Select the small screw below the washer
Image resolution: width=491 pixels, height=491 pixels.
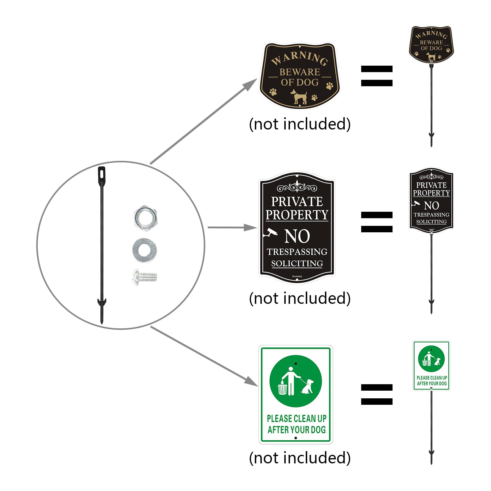(145, 277)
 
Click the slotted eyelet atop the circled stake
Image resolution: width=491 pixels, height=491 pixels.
(102, 174)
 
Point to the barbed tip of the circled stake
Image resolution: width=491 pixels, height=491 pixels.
(102, 310)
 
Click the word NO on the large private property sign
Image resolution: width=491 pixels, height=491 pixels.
(297, 236)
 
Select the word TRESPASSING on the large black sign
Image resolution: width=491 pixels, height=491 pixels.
(297, 252)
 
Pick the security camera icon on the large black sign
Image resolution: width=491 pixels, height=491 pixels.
(270, 233)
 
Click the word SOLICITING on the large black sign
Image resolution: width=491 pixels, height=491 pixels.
(297, 264)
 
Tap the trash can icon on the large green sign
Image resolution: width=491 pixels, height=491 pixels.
(282, 388)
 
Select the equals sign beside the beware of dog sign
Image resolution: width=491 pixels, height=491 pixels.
(377, 76)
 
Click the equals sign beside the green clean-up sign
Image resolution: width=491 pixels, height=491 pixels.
(377, 394)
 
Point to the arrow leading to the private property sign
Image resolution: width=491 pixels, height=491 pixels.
(232, 227)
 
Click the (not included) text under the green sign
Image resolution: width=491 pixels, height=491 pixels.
(300, 458)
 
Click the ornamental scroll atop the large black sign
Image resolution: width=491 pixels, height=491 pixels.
(297, 187)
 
